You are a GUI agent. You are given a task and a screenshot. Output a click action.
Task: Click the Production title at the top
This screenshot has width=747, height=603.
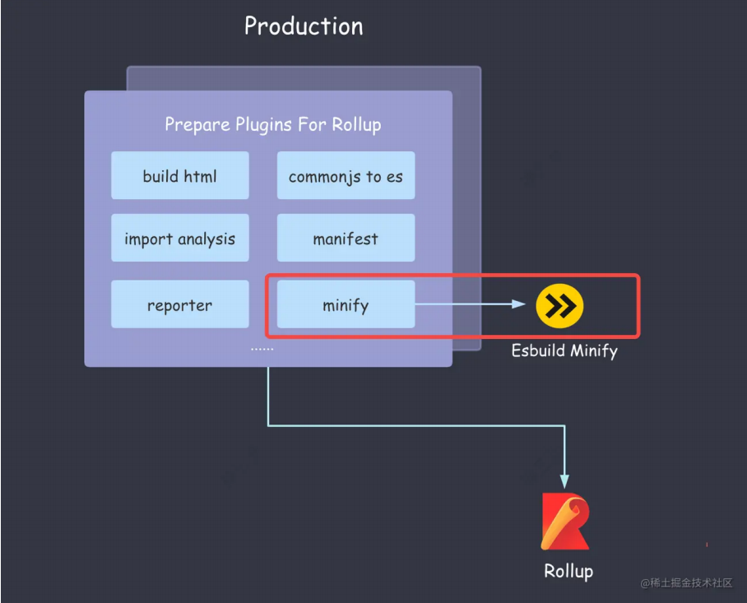tap(304, 26)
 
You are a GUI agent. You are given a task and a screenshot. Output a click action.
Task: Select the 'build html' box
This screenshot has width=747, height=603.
tap(179, 175)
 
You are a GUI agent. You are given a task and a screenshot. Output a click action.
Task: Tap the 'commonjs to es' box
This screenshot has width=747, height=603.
tap(346, 175)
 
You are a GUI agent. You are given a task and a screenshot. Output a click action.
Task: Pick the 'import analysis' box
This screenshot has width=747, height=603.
tap(179, 239)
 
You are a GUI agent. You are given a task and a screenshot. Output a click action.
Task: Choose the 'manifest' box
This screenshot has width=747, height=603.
tap(346, 239)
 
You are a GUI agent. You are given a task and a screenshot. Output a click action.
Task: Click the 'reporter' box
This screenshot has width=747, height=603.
tap(179, 304)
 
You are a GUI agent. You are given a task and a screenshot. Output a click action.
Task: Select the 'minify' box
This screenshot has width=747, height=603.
tap(346, 304)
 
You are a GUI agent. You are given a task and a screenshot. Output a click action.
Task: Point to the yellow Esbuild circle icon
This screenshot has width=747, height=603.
tap(559, 305)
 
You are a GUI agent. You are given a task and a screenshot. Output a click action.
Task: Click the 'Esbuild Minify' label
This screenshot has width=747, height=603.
tap(564, 350)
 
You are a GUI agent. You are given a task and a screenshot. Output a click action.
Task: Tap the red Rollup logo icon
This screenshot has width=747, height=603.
tap(564, 522)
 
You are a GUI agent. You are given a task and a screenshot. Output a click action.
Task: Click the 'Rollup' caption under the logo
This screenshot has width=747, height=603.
tap(568, 570)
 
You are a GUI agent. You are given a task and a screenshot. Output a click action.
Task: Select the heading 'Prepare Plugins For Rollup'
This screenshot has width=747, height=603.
tap(272, 124)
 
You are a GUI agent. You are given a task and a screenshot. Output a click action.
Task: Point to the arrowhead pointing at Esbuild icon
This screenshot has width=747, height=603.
tap(519, 304)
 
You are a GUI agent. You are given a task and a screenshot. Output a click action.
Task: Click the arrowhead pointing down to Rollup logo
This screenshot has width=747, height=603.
tap(564, 480)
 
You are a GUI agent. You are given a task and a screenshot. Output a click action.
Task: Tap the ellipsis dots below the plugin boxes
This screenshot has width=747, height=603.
tap(262, 349)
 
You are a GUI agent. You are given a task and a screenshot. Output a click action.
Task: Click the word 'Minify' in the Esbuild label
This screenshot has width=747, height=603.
tap(592, 350)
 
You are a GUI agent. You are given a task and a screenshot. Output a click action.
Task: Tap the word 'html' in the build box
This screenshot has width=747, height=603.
tap(200, 175)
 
